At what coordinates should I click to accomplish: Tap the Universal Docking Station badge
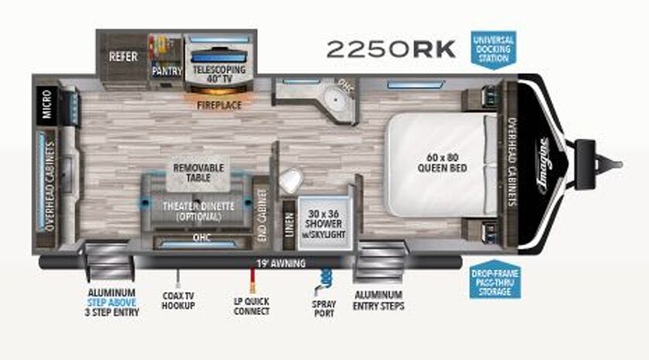coord(493,48)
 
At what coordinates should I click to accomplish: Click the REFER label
coord(123,57)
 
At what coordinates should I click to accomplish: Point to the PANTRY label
coord(167,71)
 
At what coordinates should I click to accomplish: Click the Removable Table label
coord(198,172)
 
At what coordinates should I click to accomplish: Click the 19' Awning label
coord(268,262)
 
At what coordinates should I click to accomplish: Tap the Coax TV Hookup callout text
coord(179,301)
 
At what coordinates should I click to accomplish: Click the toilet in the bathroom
coord(290,180)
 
